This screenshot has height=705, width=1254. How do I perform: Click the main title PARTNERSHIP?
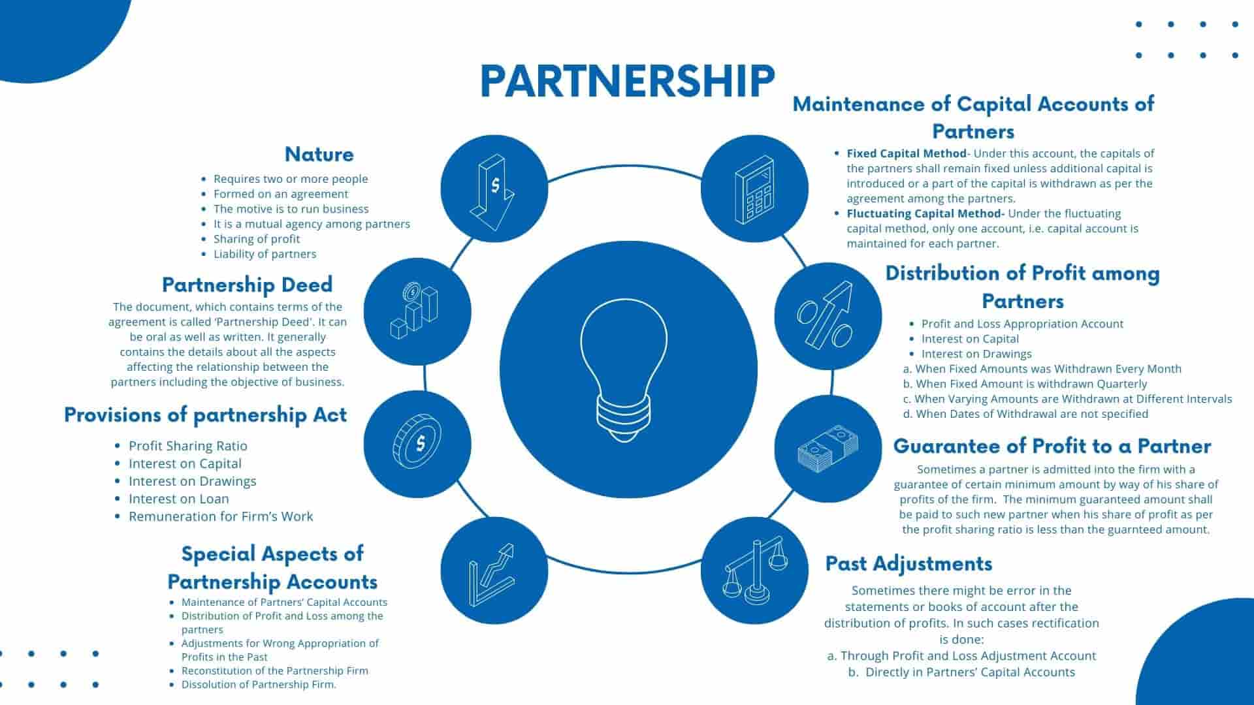627,81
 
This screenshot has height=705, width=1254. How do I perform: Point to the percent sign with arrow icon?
828,316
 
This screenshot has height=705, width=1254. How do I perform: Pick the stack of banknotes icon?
828,448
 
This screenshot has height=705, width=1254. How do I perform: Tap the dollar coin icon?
417,443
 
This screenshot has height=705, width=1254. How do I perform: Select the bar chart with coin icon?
417,311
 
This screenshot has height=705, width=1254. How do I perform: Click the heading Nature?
319,155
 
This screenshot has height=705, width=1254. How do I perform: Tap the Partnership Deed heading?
247,285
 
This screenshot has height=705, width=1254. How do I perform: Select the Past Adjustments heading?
908,563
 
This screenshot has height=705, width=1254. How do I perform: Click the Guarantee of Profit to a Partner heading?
1052,446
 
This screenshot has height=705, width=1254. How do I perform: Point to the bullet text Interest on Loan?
178,499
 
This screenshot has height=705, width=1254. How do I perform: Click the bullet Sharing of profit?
256,239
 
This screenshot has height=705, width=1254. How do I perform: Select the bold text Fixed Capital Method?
906,153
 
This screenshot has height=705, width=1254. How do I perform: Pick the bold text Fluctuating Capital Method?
925,213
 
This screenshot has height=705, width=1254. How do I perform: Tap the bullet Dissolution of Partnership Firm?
259,685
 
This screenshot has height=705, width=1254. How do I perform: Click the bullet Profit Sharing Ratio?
187,446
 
